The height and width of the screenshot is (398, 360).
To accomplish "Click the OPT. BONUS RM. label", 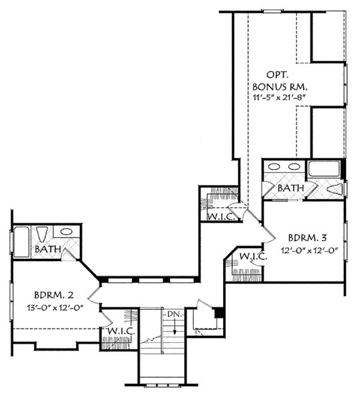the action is tap(280, 81).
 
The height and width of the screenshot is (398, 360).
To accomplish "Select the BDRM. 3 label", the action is tap(307, 238).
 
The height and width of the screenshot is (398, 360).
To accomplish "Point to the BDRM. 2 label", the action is tap(54, 295).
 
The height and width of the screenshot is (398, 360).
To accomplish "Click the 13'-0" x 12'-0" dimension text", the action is tap(55, 308).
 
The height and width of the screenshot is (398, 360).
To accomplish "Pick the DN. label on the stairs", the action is tap(175, 314).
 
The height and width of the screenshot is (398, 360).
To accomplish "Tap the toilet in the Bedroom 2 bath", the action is tap(42, 234).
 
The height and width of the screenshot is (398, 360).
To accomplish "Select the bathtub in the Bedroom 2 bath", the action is tap(22, 242).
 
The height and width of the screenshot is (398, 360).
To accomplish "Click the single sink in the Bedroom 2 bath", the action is tap(66, 232).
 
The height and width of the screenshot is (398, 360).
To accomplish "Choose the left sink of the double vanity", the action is tap(275, 167).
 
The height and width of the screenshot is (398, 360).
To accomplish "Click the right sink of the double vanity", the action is tap(294, 167).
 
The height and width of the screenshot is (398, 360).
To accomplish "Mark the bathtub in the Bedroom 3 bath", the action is tap(324, 169).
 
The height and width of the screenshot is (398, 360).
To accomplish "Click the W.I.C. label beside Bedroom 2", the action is tap(121, 331).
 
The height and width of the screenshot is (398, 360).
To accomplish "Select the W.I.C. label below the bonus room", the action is tap(223, 217).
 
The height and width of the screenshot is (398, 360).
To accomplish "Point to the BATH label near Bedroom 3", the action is tap(291, 188).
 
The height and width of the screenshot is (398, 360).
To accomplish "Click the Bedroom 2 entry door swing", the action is tap(93, 295).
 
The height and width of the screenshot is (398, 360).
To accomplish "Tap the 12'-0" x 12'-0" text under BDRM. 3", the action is tap(310, 250).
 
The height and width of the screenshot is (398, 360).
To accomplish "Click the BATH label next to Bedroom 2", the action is tap(48, 249).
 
